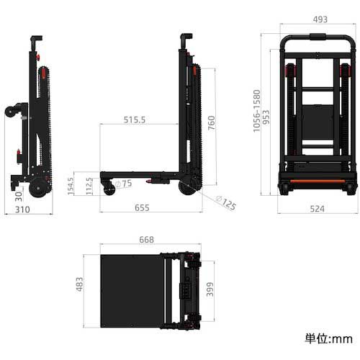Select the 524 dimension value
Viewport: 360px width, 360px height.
317,210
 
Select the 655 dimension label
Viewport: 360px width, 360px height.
141,207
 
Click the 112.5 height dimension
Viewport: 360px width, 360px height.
89,186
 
